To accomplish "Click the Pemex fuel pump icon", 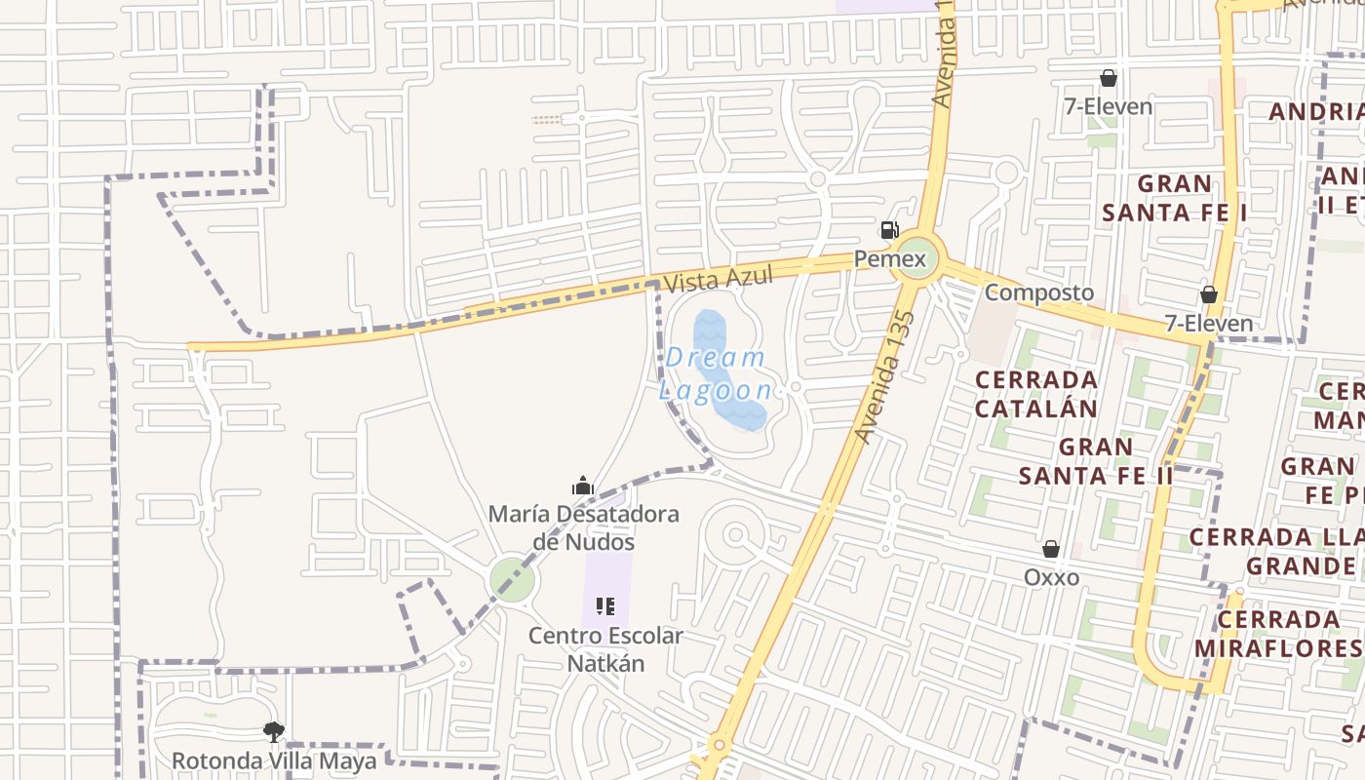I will tap(889, 231).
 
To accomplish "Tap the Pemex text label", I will tap(889, 259).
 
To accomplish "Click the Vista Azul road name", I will tap(718, 280).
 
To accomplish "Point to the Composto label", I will tap(1038, 292).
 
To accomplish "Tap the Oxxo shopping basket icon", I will tap(1051, 549).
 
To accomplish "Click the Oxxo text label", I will tap(1051, 577).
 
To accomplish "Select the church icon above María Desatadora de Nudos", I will tap(582, 485).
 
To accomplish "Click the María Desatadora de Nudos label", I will tap(583, 527).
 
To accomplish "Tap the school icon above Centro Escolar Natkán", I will tap(605, 607).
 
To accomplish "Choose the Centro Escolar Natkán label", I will tap(605, 649).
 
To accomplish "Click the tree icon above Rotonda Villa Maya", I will tap(274, 731).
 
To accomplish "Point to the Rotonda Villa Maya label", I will tap(274, 760).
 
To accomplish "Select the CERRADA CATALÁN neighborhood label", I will tap(1035, 394).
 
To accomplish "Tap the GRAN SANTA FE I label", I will tap(1175, 198).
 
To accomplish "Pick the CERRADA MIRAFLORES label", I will tap(1279, 634).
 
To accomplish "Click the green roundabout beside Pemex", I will tap(917, 257).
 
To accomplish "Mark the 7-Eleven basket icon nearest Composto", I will tap(1209, 294).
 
